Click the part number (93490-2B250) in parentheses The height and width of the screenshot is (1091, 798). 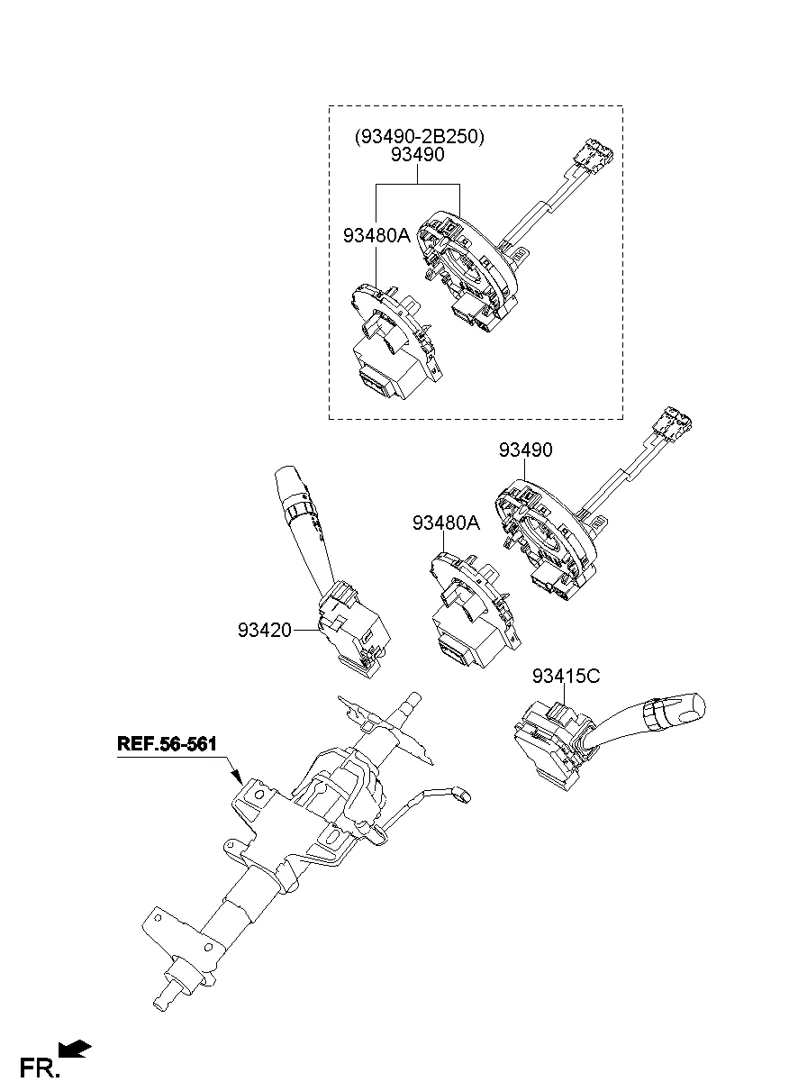tap(418, 137)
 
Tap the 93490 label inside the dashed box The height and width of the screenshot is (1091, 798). tap(418, 156)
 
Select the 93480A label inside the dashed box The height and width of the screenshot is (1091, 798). tap(376, 236)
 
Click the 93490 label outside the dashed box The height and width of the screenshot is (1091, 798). tap(526, 450)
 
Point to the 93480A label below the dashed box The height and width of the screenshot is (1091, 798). tap(447, 523)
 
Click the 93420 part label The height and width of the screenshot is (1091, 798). tap(265, 631)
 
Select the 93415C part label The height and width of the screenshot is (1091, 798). tap(565, 677)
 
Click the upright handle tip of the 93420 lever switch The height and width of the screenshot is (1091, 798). tap(286, 477)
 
